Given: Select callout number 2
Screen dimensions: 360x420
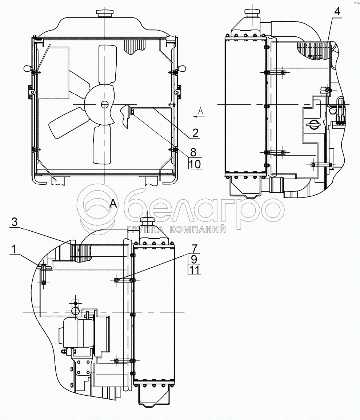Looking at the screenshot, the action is pos(195,133).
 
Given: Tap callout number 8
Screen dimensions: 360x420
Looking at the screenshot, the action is pos(193,152).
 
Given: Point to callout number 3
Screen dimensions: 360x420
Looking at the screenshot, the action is pos(15,222).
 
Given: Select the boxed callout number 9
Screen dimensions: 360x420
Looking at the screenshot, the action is pos(194,259).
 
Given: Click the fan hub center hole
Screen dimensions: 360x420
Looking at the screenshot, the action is pos(104,104).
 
